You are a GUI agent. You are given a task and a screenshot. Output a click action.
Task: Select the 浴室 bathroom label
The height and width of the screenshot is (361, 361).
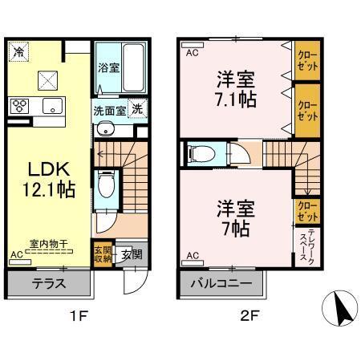(109, 67)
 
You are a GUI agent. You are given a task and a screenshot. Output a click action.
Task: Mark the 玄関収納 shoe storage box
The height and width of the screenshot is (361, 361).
(103, 254)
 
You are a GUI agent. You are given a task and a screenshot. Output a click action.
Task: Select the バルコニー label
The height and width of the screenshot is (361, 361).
(221, 283)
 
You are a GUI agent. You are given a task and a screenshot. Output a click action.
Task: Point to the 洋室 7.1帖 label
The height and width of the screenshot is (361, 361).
(233, 90)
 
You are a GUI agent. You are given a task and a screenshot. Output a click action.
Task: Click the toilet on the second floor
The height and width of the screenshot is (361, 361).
(199, 152)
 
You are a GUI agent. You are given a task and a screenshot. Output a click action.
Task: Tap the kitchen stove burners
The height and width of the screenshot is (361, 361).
(20, 106)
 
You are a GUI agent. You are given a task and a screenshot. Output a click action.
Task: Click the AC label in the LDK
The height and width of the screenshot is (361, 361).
(16, 255)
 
